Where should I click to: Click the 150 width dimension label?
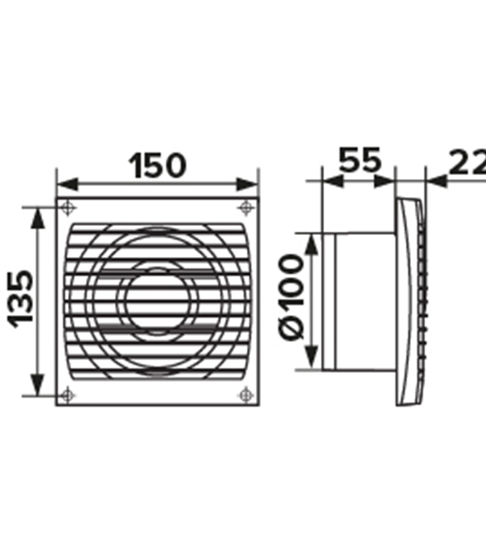(x=157, y=165)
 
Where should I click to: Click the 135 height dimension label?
(x=20, y=299)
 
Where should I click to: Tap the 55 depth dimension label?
(x=360, y=160)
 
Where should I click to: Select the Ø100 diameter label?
(x=292, y=297)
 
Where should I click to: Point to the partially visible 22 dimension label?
(x=467, y=163)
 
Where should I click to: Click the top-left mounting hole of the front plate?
(x=67, y=207)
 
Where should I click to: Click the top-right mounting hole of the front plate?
(x=246, y=207)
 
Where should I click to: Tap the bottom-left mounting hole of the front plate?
(x=67, y=395)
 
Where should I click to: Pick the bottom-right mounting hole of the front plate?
(x=246, y=395)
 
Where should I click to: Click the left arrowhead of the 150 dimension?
(x=67, y=185)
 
